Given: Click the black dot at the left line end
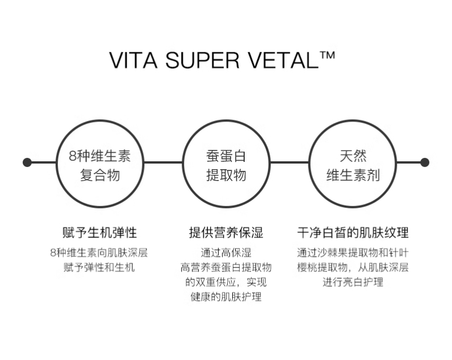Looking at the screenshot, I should (27, 162).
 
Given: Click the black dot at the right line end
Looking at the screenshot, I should (424, 162).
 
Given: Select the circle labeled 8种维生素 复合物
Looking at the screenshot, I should (100, 164).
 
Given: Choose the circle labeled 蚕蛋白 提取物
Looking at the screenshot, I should (226, 164).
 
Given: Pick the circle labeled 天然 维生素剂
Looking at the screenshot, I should (352, 164).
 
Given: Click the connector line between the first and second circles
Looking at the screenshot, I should (163, 162).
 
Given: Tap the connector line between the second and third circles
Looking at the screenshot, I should (289, 162).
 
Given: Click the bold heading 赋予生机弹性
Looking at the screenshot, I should (99, 233).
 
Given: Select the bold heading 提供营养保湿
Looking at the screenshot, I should (226, 233).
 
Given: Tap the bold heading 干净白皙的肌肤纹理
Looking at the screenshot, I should (353, 233).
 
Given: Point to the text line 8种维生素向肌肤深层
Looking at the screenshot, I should (99, 253).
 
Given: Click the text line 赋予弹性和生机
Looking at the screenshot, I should (99, 267).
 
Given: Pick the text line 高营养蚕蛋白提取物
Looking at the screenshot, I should (226, 267).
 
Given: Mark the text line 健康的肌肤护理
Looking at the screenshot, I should (226, 296).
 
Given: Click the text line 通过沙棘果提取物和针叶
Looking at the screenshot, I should (353, 253).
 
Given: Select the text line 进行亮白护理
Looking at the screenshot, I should (353, 282).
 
